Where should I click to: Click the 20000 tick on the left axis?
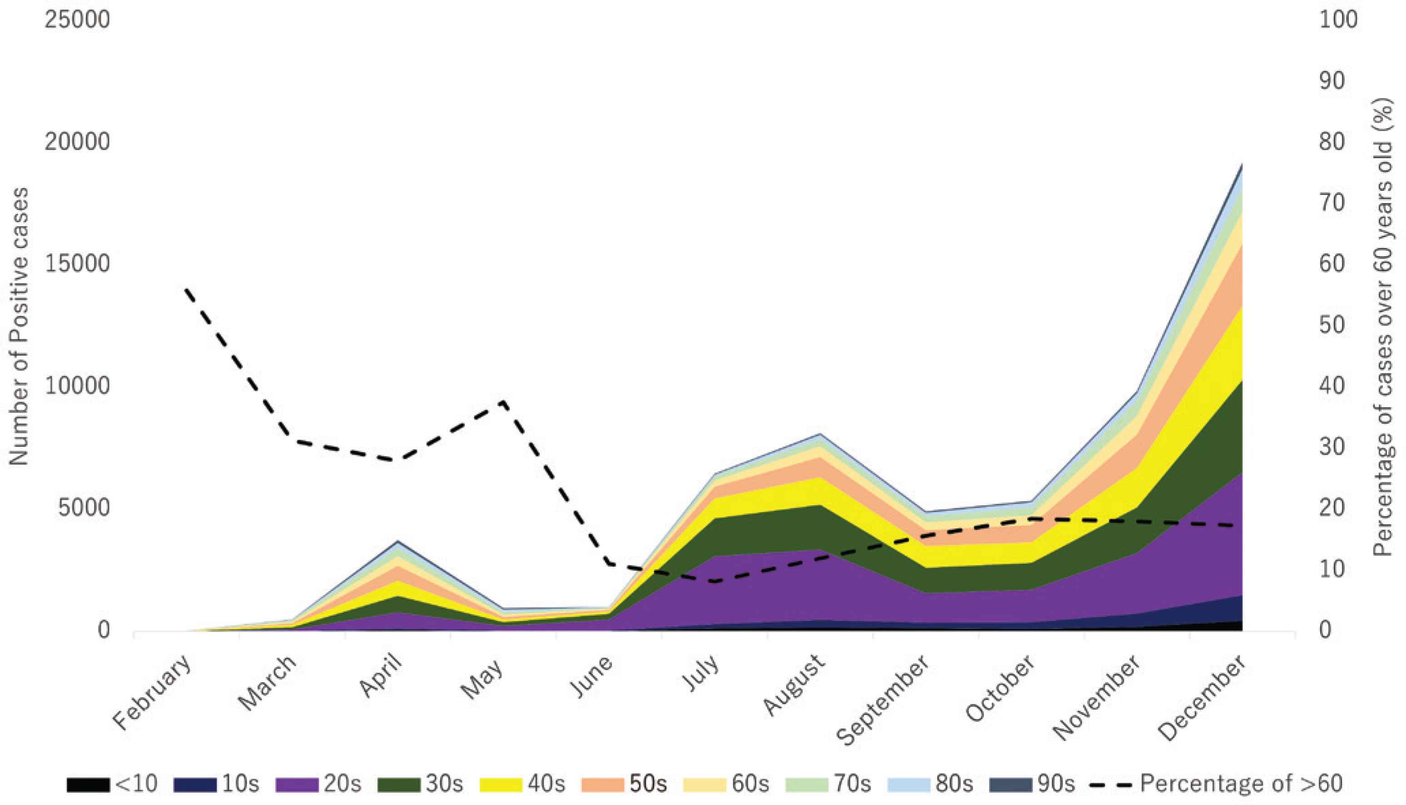click(77, 142)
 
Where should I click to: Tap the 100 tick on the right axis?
click(1338, 20)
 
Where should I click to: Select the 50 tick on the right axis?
click(1332, 324)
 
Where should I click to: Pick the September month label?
click(883, 701)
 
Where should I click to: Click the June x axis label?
click(591, 677)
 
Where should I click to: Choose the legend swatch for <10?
click(88, 785)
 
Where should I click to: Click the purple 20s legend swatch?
click(298, 785)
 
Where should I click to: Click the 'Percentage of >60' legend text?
click(1241, 784)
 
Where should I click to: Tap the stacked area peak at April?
click(397, 541)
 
